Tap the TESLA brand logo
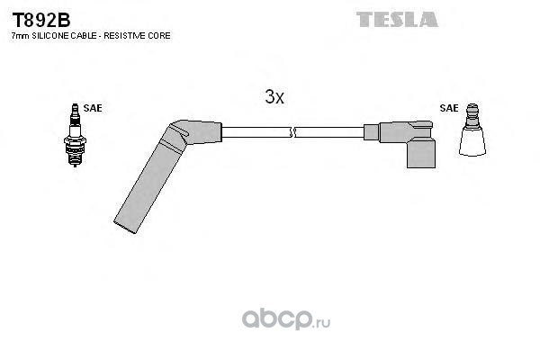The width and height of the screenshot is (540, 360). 396,19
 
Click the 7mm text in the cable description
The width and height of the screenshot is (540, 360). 18,35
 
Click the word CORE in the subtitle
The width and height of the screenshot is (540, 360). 159,35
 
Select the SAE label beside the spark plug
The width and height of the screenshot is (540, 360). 93,108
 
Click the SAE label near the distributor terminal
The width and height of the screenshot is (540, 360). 448,108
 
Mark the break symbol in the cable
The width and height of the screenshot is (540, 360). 292,132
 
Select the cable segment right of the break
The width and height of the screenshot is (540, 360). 328,132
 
